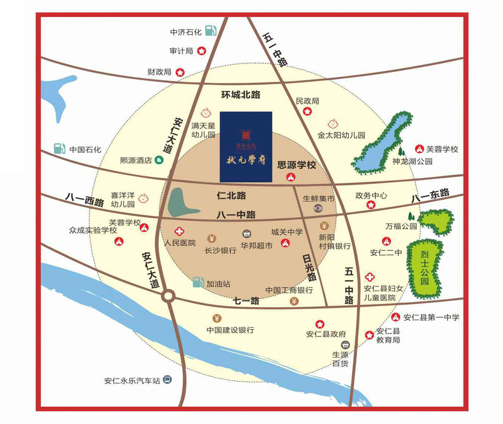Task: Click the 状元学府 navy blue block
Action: [246, 146]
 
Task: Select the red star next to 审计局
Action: [201, 51]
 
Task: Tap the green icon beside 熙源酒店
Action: [159, 161]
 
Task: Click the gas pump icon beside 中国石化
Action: [60, 149]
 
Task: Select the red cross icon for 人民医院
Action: [179, 232]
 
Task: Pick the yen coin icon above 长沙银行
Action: [212, 238]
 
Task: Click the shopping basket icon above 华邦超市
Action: [246, 235]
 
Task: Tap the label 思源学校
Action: [297, 165]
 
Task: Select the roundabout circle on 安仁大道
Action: [168, 297]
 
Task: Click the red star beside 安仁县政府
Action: [319, 324]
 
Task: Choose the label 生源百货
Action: [340, 359]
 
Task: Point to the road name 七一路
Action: [246, 301]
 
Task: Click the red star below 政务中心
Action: [371, 204]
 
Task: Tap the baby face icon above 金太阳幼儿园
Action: [332, 123]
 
